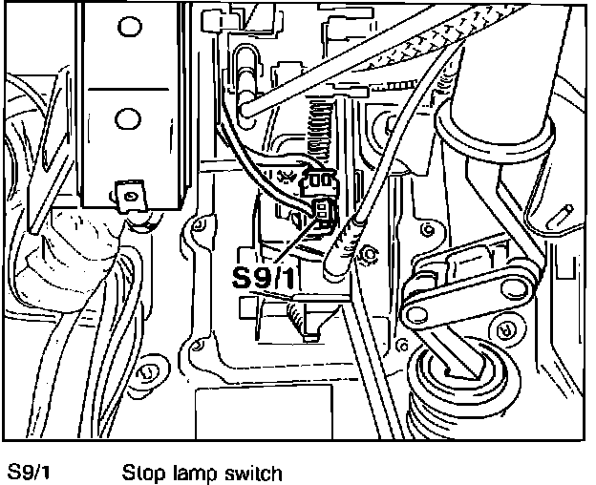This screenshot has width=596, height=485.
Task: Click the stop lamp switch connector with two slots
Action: tap(323, 211)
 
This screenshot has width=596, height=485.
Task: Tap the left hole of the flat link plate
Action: tap(417, 310)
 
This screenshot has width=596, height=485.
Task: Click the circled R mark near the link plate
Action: tap(506, 329)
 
